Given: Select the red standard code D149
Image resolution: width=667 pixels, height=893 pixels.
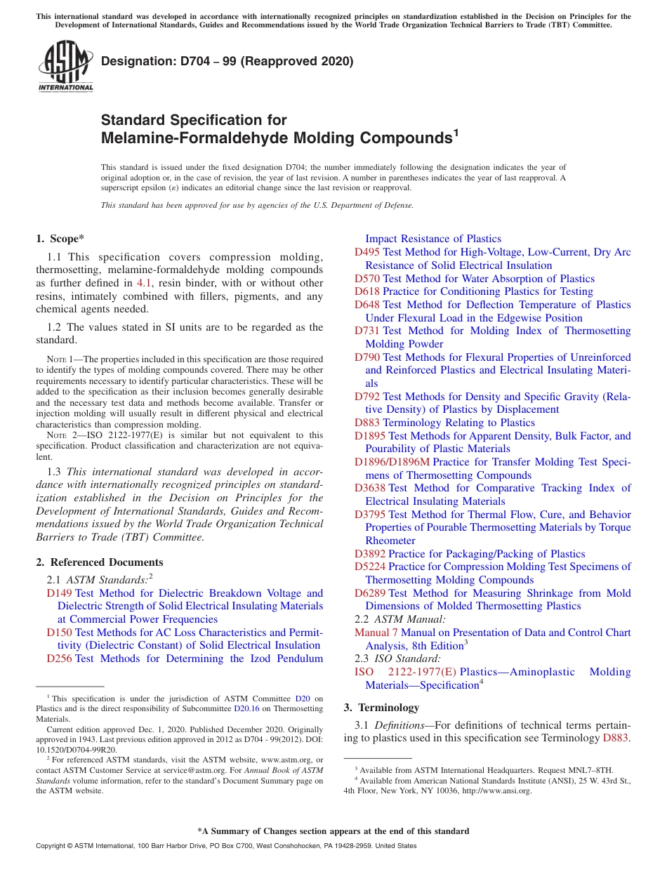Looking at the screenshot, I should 60,593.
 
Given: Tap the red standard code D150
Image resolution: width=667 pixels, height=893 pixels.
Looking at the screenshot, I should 60,633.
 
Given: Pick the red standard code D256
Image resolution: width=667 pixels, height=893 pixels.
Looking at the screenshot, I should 60,659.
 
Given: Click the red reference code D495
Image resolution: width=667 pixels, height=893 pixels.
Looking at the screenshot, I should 367,252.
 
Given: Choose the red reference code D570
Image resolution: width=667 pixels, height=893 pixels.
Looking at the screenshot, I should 367,279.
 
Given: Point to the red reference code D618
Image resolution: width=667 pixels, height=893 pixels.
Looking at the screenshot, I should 367,291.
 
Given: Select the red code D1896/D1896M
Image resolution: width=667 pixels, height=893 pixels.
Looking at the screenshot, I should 392,462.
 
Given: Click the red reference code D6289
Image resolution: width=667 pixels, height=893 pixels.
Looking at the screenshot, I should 370,593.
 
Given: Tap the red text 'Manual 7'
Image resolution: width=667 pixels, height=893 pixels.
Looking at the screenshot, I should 376,633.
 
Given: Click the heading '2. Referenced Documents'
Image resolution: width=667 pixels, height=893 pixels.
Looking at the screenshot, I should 99,562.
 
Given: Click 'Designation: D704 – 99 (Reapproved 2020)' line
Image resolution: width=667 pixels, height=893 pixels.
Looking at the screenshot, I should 227,62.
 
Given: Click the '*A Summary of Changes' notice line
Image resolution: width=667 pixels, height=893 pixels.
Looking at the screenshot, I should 333,831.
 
